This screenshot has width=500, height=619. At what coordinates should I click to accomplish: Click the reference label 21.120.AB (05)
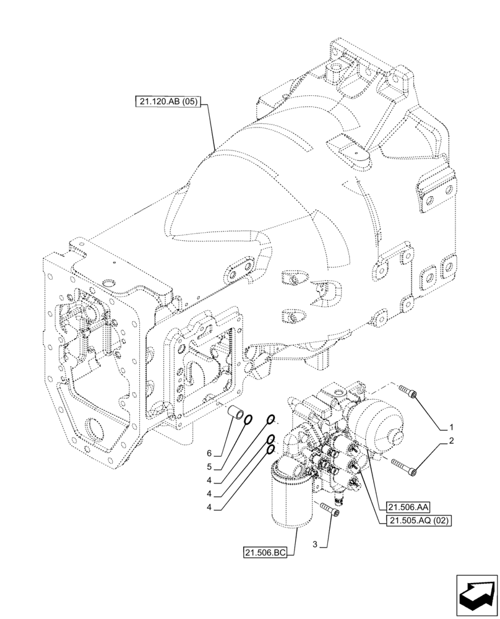[166, 102]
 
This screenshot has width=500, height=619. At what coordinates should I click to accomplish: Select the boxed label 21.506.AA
[407, 506]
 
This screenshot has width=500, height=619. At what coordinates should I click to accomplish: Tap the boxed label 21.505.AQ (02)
[420, 521]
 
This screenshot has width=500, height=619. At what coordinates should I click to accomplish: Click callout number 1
[452, 427]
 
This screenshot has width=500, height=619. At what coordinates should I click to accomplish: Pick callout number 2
[452, 441]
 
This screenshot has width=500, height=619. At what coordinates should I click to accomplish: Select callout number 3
[315, 545]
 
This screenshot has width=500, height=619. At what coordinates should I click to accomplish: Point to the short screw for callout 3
[329, 511]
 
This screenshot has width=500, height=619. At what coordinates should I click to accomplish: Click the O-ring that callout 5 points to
[247, 421]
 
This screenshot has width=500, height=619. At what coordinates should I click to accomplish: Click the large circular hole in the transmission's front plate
[93, 428]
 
